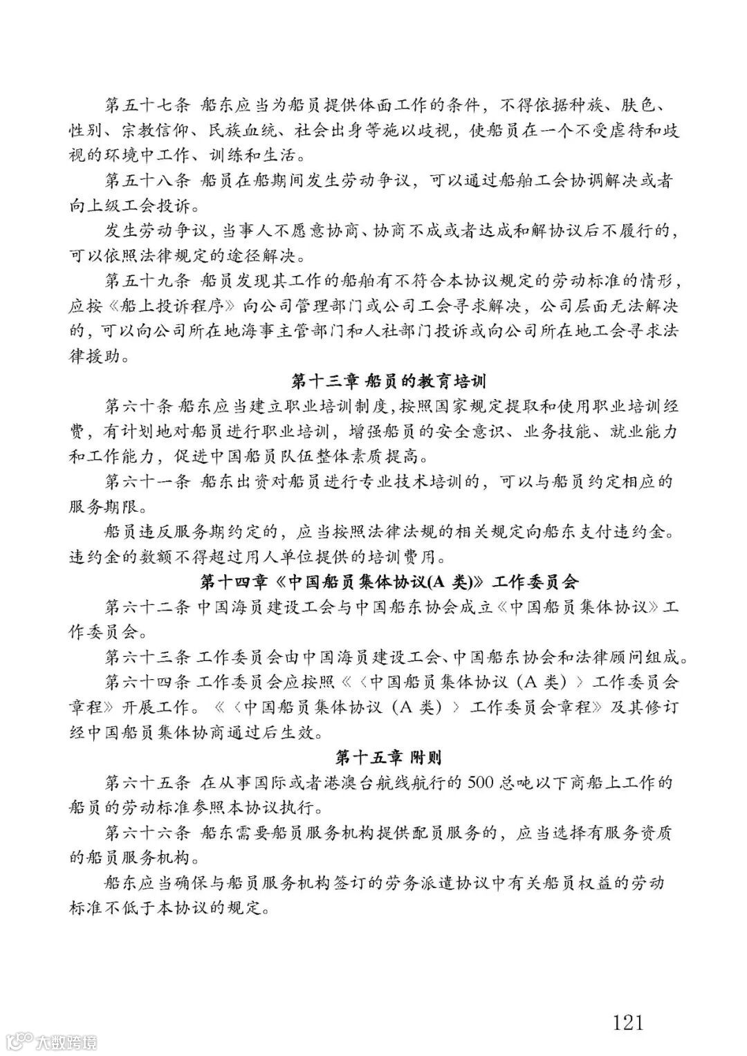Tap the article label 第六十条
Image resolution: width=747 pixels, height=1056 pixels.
click(x=138, y=406)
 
